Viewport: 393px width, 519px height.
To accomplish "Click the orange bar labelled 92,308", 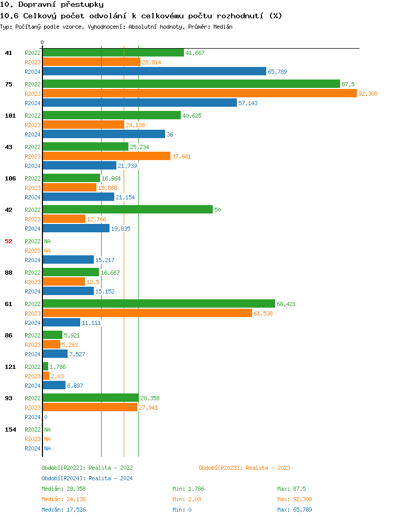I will click(x=199, y=94).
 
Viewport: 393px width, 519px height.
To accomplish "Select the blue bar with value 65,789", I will click(x=154, y=72).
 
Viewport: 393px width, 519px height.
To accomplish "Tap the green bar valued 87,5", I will click(x=191, y=84).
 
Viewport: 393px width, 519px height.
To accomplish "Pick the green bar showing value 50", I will click(x=127, y=210).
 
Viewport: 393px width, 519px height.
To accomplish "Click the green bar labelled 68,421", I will click(x=158, y=304).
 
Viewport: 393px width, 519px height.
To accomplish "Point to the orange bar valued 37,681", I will click(x=106, y=156).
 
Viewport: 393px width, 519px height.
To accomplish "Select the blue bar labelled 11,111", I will click(x=61, y=323).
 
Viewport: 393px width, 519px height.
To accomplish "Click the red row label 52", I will click(x=8, y=241).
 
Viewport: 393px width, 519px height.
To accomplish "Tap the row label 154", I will click(x=10, y=430).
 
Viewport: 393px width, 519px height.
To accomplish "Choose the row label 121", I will click(x=10, y=367).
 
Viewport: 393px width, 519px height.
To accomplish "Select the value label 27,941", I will click(x=149, y=408).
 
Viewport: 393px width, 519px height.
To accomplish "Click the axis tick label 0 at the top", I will click(x=42, y=42).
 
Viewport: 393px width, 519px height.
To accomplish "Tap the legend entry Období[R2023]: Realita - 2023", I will click(x=244, y=468).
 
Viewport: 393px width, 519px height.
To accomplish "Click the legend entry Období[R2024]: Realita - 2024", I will click(x=87, y=478).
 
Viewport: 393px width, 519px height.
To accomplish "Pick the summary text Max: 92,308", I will click(x=294, y=499).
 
